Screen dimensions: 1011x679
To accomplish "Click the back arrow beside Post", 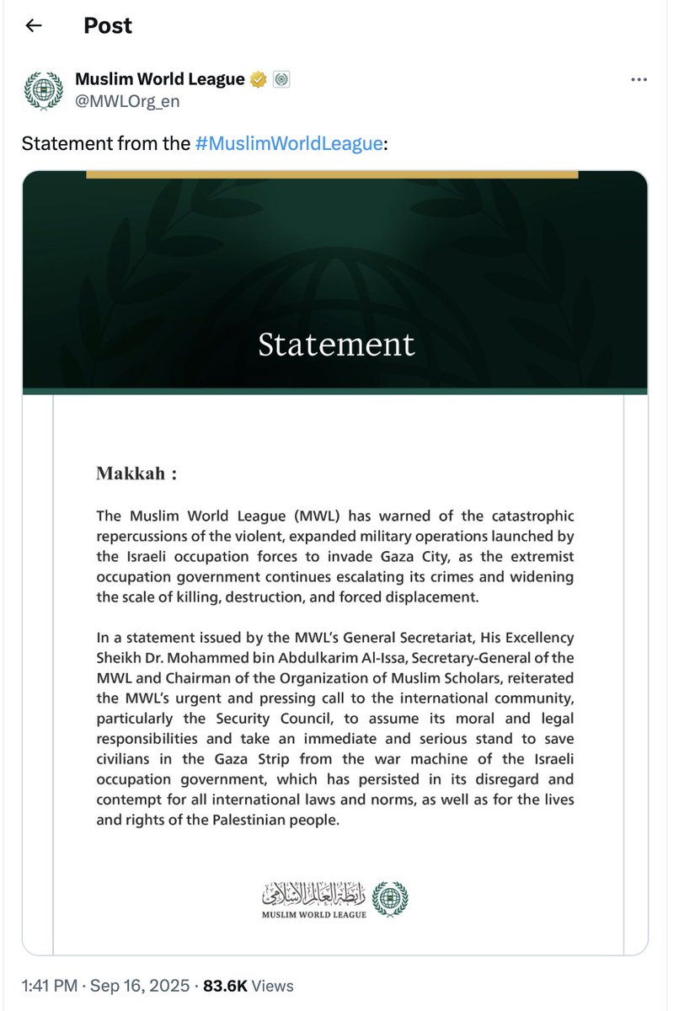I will click(x=34, y=26).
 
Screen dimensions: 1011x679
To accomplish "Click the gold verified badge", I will click(x=259, y=80).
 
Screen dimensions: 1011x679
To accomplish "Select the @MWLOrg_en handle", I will click(x=127, y=102).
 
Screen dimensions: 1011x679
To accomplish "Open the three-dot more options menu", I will click(x=639, y=80).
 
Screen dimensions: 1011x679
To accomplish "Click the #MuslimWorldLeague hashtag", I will click(x=289, y=143).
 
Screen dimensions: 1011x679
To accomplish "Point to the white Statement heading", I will click(x=336, y=344).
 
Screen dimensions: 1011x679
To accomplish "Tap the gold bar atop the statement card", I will click(x=332, y=174).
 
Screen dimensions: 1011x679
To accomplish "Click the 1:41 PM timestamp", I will click(x=48, y=985).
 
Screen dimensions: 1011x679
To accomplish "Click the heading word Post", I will click(x=108, y=26).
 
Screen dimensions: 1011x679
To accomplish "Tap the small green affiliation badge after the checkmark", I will click(x=282, y=80).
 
